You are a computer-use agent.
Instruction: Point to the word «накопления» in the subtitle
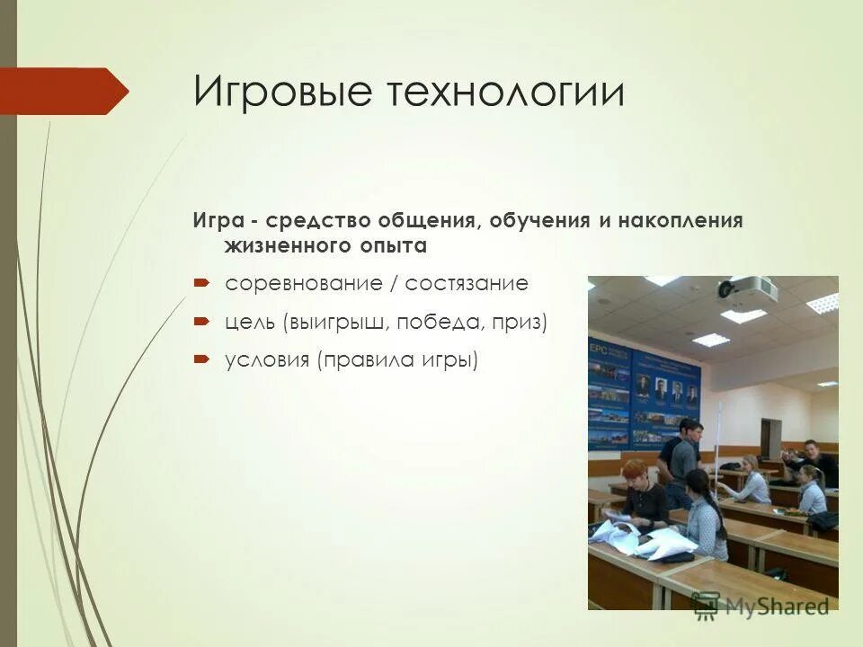681,221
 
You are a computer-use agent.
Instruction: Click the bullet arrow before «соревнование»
202,283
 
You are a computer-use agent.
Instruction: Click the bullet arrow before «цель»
202,321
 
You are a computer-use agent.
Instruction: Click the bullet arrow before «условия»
202,359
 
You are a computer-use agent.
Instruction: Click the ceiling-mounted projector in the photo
748,288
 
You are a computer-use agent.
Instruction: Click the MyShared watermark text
777,606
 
